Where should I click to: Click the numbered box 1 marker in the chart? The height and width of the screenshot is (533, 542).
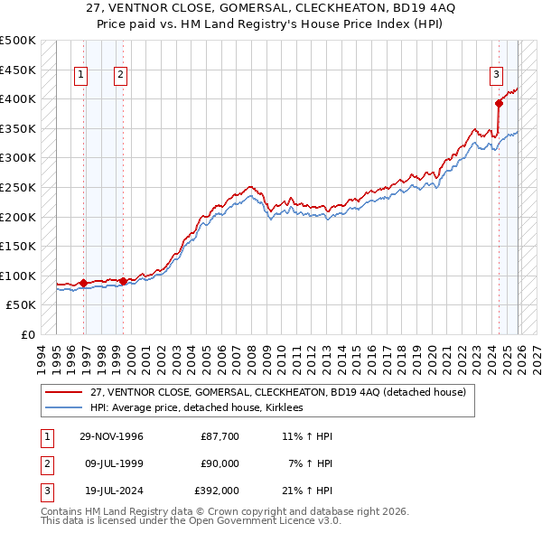[x=82, y=75]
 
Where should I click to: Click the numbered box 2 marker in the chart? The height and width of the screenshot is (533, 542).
[x=120, y=75]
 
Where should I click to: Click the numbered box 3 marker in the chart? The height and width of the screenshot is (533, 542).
[x=496, y=75]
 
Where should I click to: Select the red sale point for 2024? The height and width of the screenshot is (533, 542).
[x=499, y=103]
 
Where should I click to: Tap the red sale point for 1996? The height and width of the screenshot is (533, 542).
[x=84, y=283]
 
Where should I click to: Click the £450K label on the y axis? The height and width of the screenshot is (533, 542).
[x=18, y=70]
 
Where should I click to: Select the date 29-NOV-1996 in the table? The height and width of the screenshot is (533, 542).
[x=111, y=436]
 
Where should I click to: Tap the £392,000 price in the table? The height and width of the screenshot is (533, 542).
[x=216, y=491]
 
